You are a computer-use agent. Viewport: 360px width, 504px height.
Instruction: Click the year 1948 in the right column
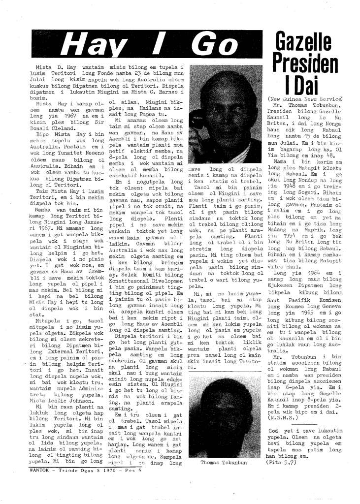[292, 187]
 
